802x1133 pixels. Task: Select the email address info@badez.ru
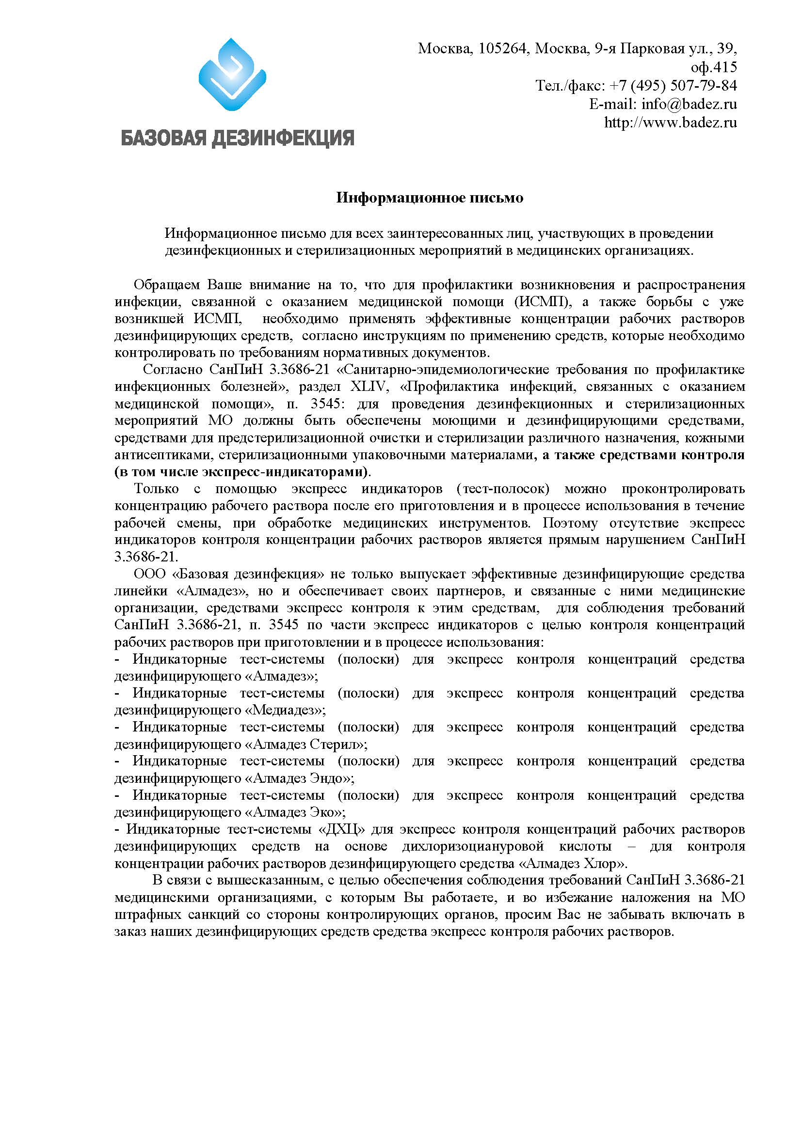[x=689, y=104]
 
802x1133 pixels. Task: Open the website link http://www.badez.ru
[x=670, y=123]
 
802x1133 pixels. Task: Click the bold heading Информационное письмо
[x=430, y=198]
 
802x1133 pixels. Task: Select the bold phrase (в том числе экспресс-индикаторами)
[x=241, y=472]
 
